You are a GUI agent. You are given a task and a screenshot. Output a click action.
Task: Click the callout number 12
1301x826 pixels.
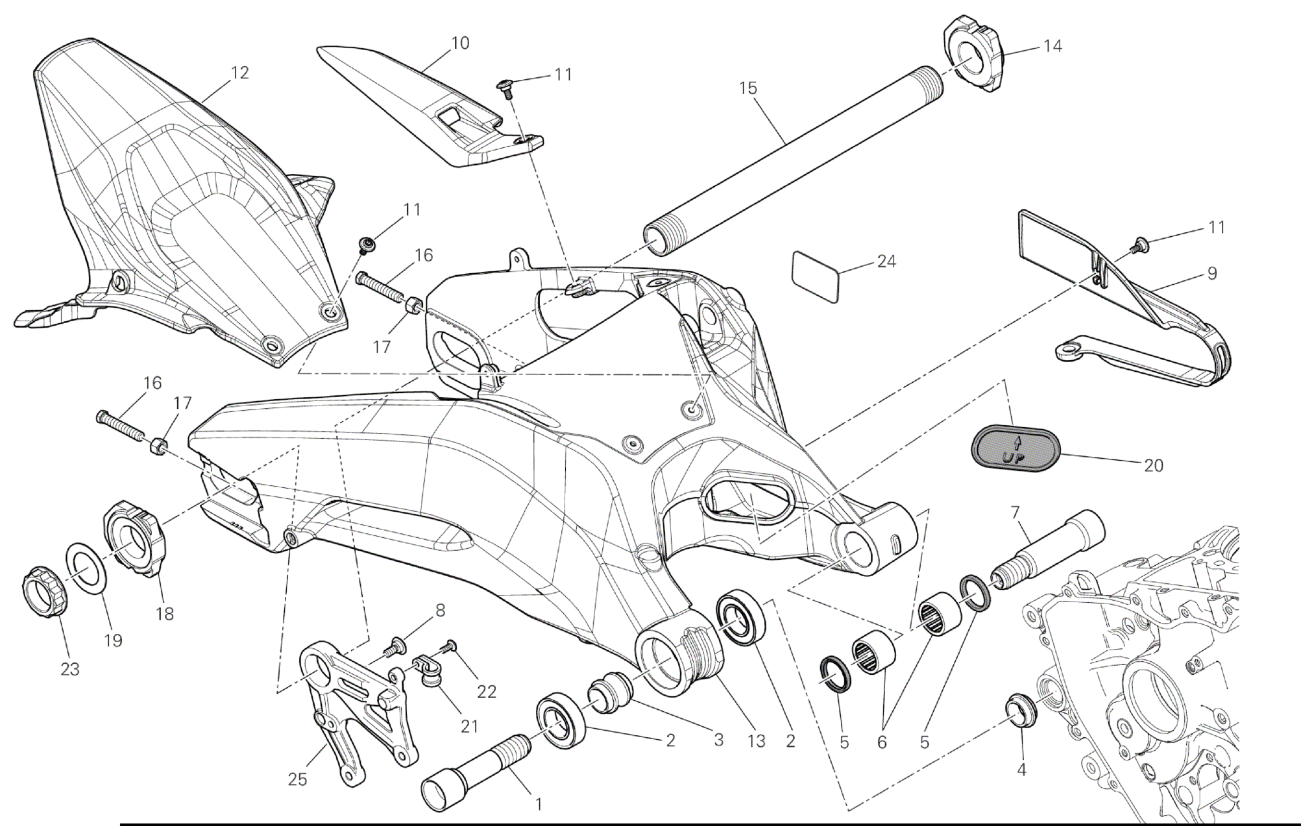(x=239, y=73)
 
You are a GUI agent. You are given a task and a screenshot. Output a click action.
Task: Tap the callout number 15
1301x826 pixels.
(x=748, y=88)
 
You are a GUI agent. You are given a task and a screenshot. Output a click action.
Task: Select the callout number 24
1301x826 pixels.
(x=886, y=261)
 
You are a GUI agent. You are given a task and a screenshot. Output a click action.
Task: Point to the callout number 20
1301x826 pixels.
(x=1153, y=465)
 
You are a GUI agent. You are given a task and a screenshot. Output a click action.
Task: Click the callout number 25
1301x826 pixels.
(x=297, y=779)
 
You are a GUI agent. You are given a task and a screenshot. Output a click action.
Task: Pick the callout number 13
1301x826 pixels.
(x=756, y=741)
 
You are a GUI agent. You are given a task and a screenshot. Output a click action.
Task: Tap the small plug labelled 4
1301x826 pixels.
(x=1021, y=711)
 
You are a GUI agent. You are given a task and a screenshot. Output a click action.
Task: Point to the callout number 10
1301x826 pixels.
(x=459, y=43)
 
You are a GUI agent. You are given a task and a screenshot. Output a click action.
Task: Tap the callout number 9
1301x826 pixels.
(x=1211, y=273)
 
